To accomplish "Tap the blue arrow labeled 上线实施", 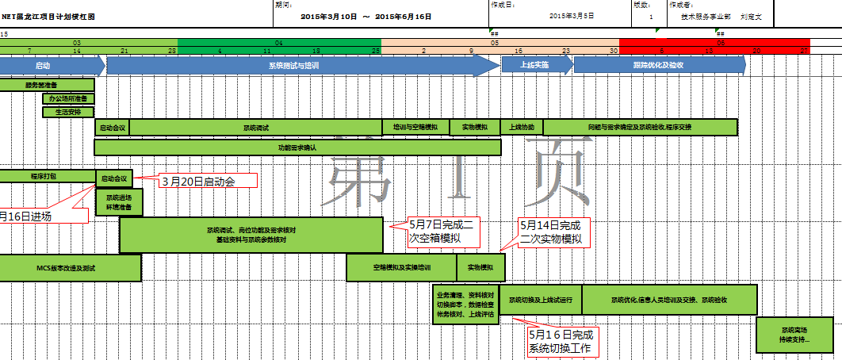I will (x=535, y=66).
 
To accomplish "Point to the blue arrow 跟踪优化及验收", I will (x=658, y=66).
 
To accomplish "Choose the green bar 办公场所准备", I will (x=68, y=98).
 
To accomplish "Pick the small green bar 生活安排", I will (x=68, y=112).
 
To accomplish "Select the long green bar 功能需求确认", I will (x=297, y=147).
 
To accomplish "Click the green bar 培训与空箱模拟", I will (x=415, y=127).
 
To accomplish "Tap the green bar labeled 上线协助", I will (x=521, y=127).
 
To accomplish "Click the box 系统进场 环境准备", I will (x=120, y=202).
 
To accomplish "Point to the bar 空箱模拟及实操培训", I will (x=401, y=268).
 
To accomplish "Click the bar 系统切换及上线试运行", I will (x=540, y=300).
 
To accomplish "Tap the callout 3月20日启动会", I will (x=209, y=182).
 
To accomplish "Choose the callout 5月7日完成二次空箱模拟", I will (x=443, y=230).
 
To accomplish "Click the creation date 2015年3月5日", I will (x=572, y=16).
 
